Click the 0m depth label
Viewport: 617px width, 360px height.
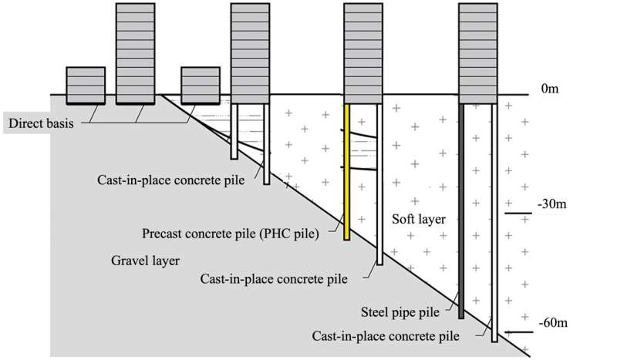tap(550, 89)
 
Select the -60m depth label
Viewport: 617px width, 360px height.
tap(555, 321)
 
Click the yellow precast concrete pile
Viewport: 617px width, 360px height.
tap(347, 170)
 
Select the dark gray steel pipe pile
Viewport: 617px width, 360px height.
tap(461, 208)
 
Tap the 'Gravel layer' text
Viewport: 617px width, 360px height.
tap(145, 261)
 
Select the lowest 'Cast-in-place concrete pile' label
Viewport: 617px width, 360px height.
tap(386, 336)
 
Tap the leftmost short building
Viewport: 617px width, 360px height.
tap(86, 85)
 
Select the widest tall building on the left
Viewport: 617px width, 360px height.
tap(139, 50)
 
